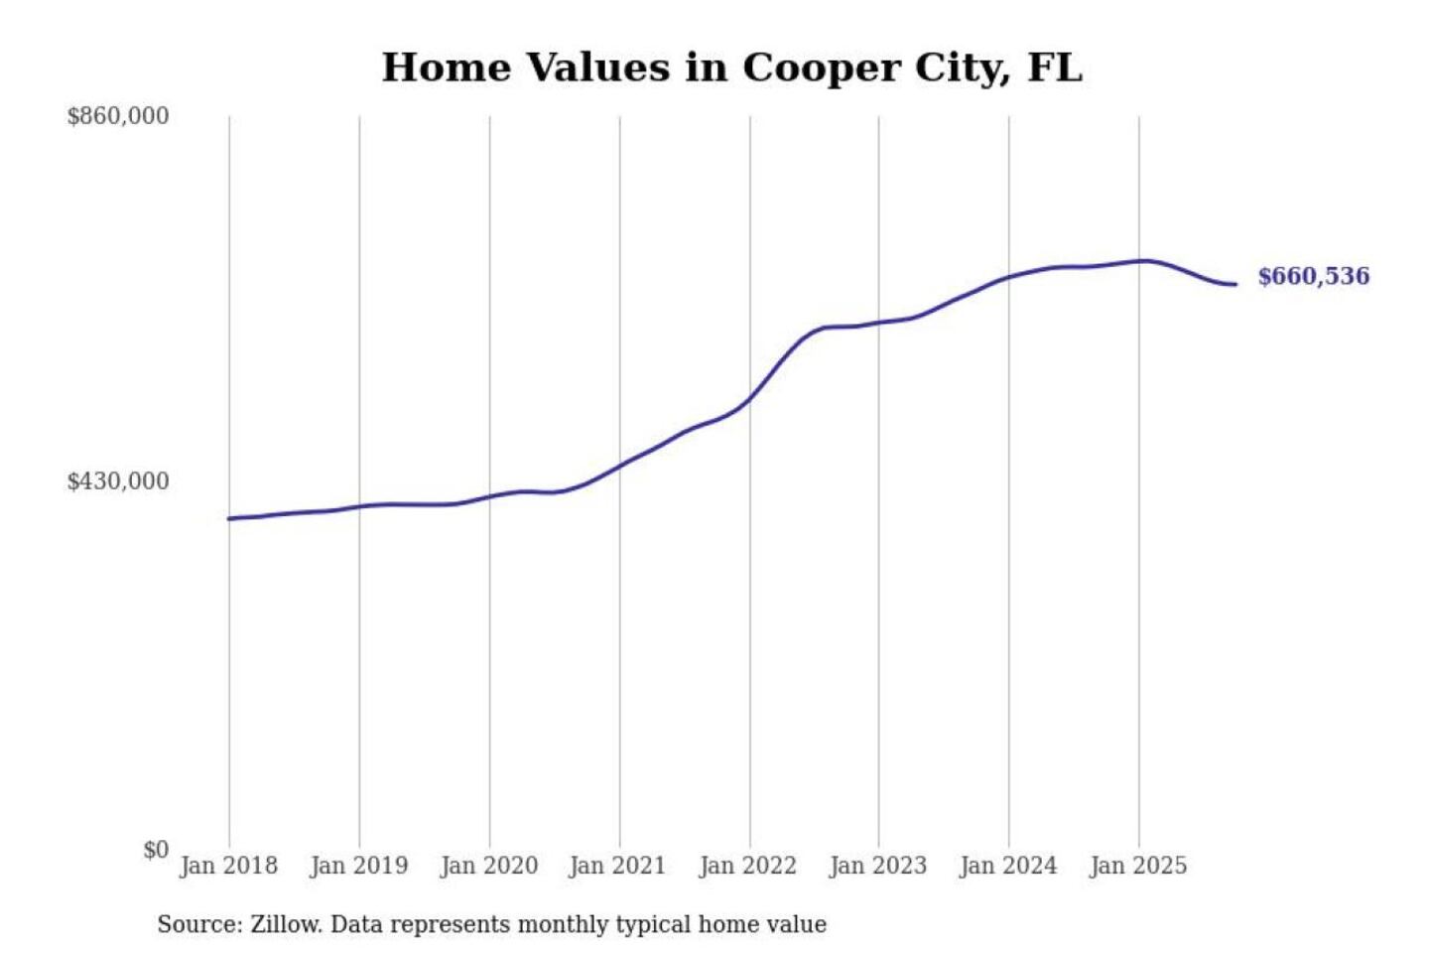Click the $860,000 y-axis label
tap(118, 116)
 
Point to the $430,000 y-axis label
tap(118, 481)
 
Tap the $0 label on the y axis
tap(156, 850)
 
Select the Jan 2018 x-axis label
tap(228, 866)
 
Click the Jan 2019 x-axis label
tap(358, 866)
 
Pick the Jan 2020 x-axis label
tap(488, 866)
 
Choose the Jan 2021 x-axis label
tap(617, 866)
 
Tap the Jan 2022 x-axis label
tap(747, 866)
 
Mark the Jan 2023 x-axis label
tap(877, 866)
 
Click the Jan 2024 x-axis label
tap(1008, 866)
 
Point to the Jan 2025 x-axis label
tap(1137, 866)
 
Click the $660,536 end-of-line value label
tap(1313, 276)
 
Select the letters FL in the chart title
tap(1055, 68)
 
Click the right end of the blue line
tap(1235, 285)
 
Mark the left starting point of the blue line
tap(229, 518)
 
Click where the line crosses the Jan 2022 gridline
tap(750, 398)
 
